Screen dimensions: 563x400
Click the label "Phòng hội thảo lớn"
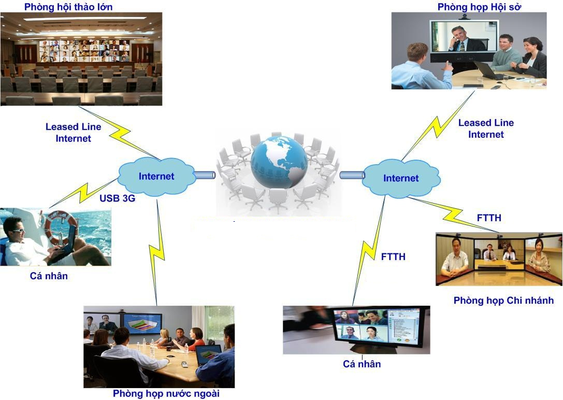pyautogui.click(x=68, y=7)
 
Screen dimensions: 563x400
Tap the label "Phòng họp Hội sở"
pyautogui.click(x=479, y=7)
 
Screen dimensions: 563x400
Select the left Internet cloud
pyautogui.click(x=156, y=176)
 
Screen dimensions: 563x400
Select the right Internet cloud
pyautogui.click(x=401, y=178)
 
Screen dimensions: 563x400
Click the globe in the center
pyautogui.click(x=279, y=162)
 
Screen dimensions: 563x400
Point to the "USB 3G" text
pyautogui.click(x=118, y=198)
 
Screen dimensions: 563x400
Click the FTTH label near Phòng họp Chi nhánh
pyautogui.click(x=489, y=218)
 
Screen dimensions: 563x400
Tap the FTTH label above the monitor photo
pyautogui.click(x=393, y=256)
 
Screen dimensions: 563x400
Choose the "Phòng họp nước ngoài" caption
pyautogui.click(x=166, y=394)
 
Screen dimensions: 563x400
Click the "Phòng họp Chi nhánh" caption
pyautogui.click(x=504, y=301)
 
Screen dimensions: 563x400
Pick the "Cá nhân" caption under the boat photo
pyautogui.click(x=49, y=276)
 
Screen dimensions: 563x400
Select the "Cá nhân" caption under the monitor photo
pyautogui.click(x=362, y=364)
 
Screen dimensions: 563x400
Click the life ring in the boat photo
pyautogui.click(x=57, y=227)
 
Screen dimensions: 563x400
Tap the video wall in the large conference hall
pyautogui.click(x=84, y=51)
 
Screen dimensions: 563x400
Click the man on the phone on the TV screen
pyautogui.click(x=463, y=39)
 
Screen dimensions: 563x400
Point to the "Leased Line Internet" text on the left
pyautogui.click(x=73, y=133)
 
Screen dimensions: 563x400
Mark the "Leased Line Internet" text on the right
pyautogui.click(x=486, y=128)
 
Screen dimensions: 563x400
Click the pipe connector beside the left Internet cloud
pyautogui.click(x=205, y=175)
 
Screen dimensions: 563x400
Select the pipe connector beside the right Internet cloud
pyautogui.click(x=352, y=175)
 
